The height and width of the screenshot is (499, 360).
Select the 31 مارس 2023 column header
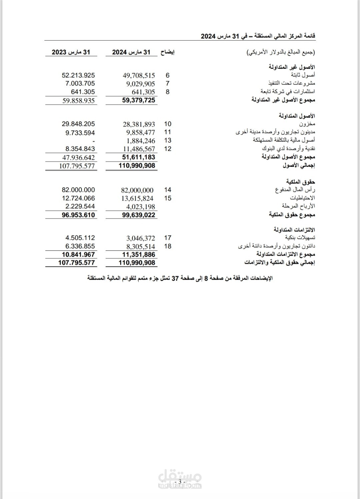(x=71, y=52)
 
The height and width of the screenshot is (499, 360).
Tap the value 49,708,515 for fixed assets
(x=139, y=76)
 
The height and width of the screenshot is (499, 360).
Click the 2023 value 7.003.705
(x=80, y=84)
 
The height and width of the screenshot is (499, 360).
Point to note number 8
(x=168, y=92)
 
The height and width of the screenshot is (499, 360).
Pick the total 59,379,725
(x=138, y=100)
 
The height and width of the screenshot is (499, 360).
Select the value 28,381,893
(x=139, y=124)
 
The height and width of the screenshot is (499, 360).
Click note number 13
(x=168, y=141)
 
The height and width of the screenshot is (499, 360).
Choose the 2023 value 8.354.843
(x=80, y=149)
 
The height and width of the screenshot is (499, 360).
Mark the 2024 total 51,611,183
(x=138, y=157)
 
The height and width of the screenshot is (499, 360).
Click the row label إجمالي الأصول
(x=299, y=165)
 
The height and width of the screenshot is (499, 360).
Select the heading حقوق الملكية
(x=300, y=182)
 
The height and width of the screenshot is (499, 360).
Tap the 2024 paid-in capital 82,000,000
(x=137, y=190)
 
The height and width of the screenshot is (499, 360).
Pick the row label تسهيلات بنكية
(x=300, y=238)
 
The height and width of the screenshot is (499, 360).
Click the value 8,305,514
(x=141, y=247)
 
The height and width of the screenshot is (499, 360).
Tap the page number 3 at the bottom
(x=180, y=482)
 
